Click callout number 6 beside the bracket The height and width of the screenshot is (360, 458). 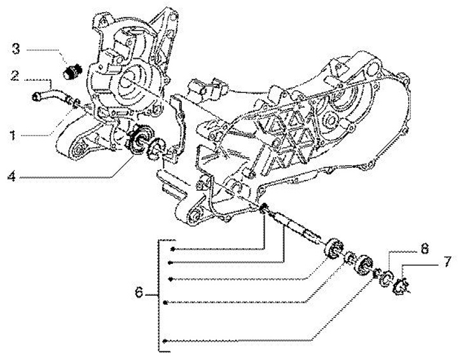click(x=139, y=294)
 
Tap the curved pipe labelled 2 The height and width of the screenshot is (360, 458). click(x=50, y=95)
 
